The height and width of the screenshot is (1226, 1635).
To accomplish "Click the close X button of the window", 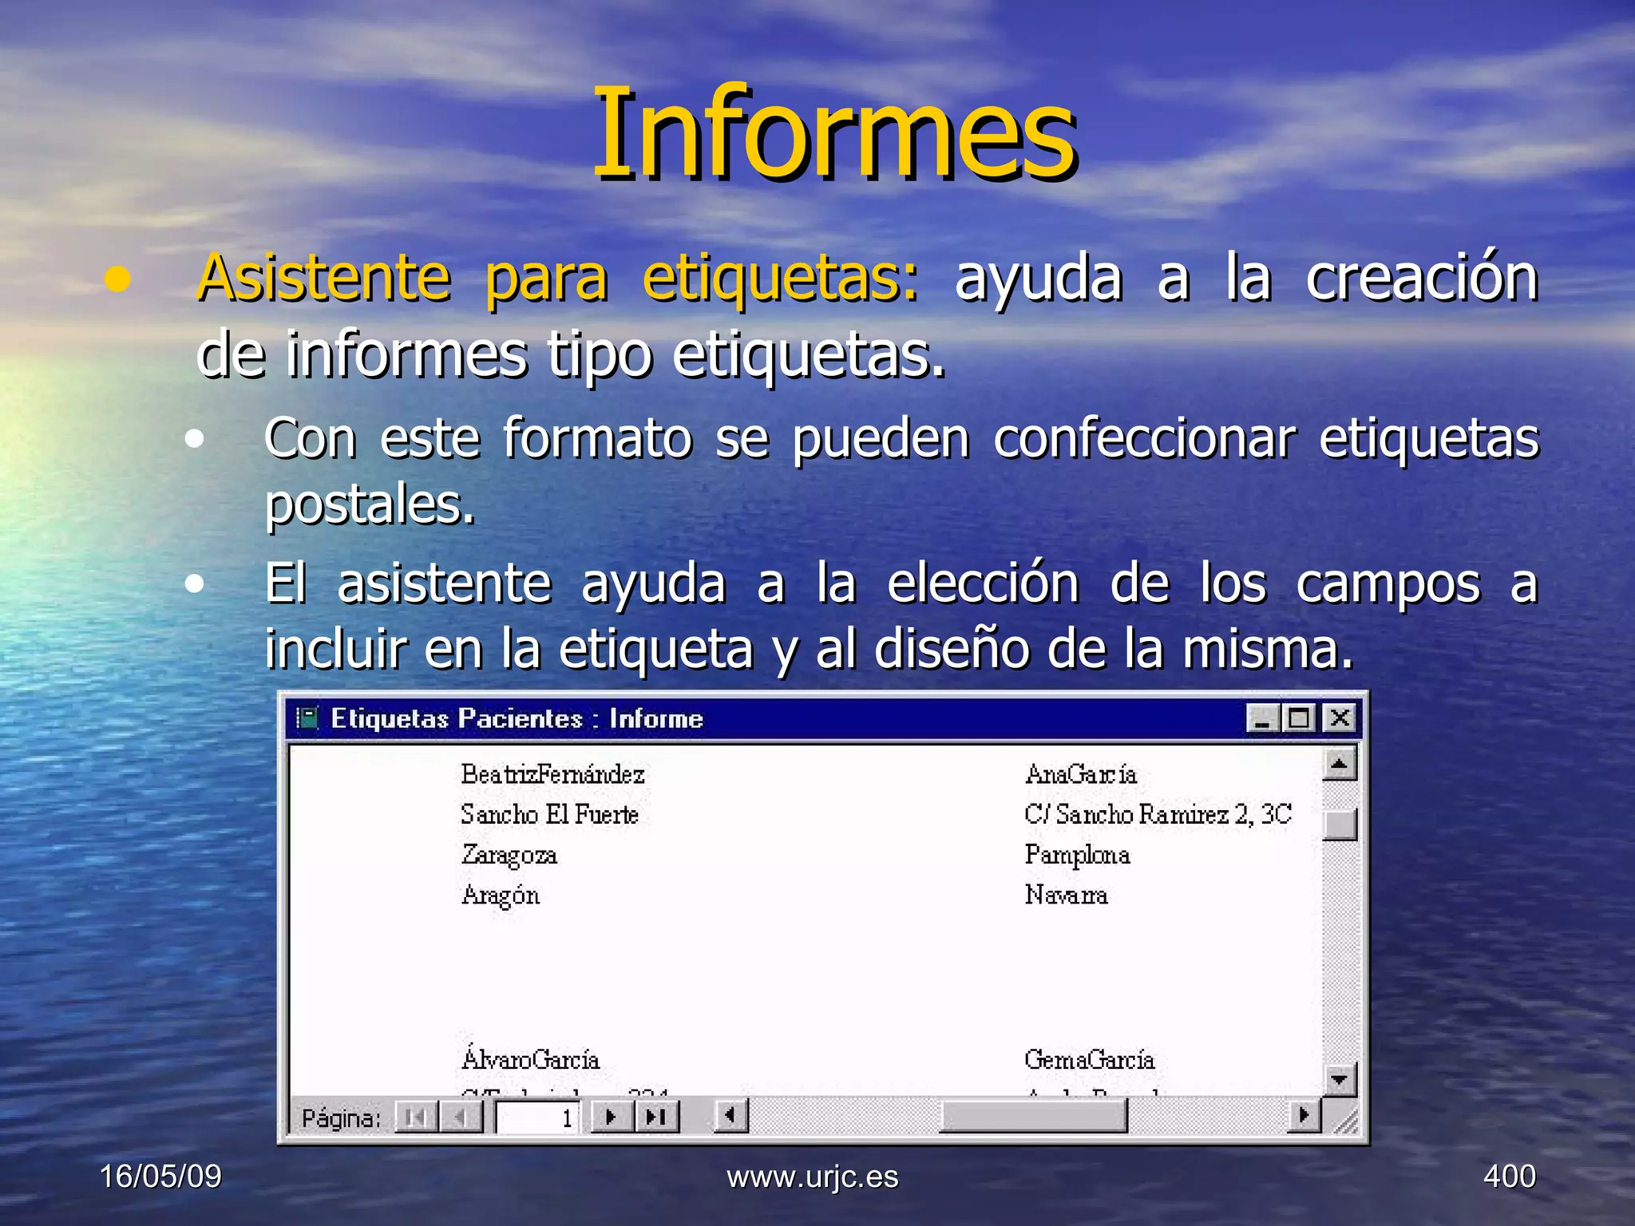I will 1340,718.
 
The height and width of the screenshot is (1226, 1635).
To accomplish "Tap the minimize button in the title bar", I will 1263,718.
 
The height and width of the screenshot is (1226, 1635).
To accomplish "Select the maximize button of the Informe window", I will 1300,718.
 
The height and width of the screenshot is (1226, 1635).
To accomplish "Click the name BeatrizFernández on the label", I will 552,774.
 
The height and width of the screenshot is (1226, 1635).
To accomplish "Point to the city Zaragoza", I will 509,855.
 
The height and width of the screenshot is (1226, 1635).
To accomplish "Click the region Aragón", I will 501,896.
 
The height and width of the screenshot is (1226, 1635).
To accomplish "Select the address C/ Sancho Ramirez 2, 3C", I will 1158,814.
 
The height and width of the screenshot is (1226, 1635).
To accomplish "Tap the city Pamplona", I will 1077,855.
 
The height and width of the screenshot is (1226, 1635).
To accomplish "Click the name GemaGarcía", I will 1090,1060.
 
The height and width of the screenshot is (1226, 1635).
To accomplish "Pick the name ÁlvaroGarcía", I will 530,1060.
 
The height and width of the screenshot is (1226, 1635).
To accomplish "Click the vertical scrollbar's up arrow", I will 1340,765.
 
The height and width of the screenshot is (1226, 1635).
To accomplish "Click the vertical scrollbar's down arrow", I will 1340,1080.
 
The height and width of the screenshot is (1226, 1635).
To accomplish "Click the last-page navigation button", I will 656,1117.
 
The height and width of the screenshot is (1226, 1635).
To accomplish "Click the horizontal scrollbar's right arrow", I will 1304,1115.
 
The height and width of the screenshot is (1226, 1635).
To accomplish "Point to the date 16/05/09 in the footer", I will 160,1177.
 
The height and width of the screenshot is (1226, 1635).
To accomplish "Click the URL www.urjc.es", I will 813,1177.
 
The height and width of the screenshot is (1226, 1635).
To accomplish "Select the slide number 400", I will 1509,1177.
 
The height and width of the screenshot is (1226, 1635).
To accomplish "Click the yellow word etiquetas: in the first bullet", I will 780,278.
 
